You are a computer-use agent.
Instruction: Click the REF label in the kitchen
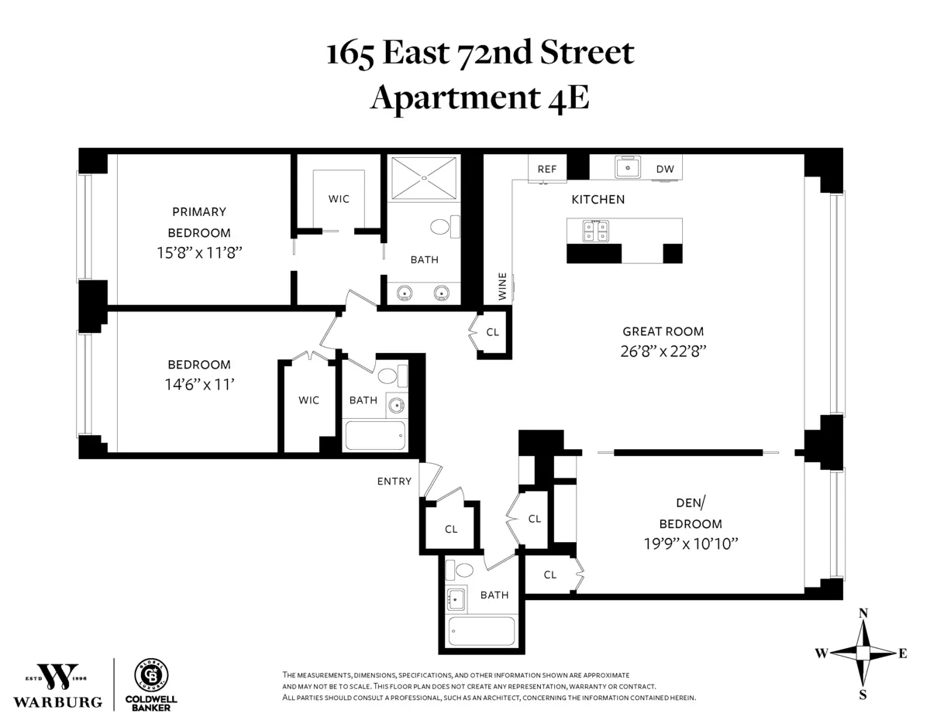(547, 169)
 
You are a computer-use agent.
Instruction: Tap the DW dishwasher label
(664, 169)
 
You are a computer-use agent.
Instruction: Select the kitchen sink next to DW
(626, 167)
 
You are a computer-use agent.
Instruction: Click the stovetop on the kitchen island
(598, 231)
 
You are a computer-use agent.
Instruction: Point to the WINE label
(503, 286)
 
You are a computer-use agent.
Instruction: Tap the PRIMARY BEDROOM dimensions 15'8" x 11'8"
(199, 252)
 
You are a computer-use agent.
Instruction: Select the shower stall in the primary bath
(423, 178)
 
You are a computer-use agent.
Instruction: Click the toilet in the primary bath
(443, 227)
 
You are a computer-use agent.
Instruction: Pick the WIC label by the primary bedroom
(339, 199)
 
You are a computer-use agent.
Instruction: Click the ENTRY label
(394, 482)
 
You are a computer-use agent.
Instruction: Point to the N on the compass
(863, 613)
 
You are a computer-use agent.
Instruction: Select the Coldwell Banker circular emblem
(151, 674)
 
